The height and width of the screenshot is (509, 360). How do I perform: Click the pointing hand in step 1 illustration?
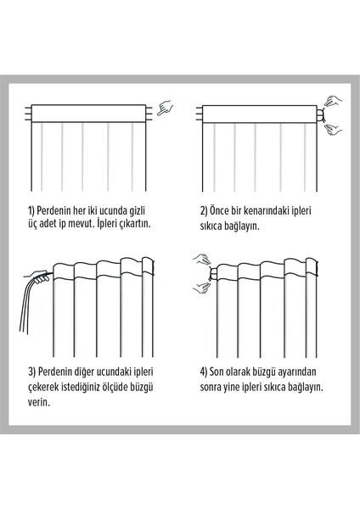pos(165,108)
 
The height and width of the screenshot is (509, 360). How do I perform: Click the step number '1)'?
pos(31,210)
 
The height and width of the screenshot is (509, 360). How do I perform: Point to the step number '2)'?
pos(204,210)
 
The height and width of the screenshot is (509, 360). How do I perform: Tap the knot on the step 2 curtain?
pos(321,115)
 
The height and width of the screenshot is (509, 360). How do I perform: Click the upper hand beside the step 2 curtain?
pos(333,101)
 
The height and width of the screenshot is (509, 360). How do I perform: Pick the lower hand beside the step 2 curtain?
pos(334,129)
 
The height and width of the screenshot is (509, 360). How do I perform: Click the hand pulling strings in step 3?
pos(37,276)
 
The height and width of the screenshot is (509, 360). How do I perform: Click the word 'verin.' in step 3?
pos(39,403)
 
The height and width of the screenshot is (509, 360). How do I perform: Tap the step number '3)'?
pos(32,372)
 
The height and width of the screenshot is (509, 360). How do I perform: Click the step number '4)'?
pos(204,372)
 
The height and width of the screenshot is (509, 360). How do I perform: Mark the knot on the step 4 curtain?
pos(212,274)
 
